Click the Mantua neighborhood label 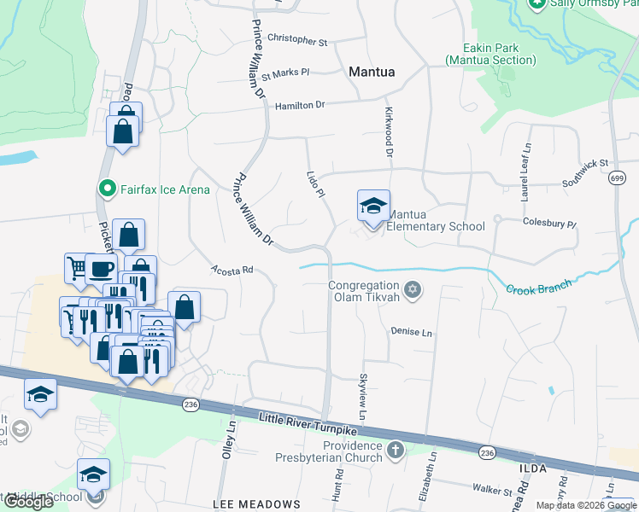(372, 73)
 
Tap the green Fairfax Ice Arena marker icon (107, 189)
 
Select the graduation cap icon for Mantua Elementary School (373, 207)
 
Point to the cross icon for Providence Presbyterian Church (395, 449)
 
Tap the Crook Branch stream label (538, 288)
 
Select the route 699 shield (618, 177)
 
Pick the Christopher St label (297, 40)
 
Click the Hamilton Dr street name (300, 105)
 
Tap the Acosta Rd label (232, 270)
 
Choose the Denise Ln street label (411, 331)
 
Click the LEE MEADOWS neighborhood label (256, 504)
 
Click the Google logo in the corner (28, 502)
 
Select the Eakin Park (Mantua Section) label (490, 55)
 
